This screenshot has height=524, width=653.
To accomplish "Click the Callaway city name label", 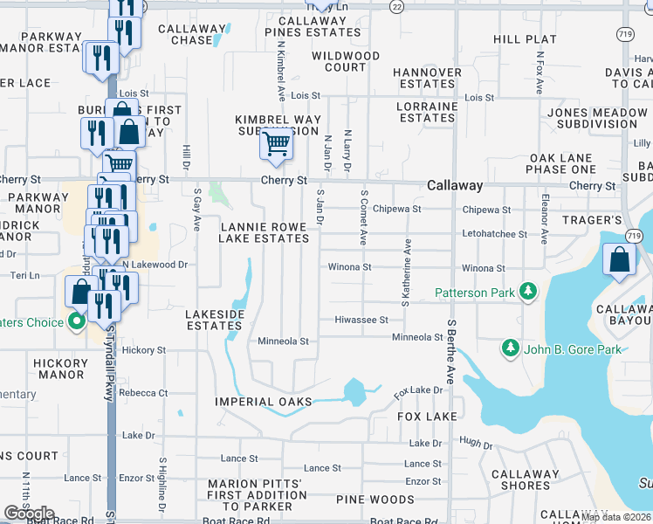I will click(455, 186).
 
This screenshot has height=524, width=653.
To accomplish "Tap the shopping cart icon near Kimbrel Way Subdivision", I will click(276, 142).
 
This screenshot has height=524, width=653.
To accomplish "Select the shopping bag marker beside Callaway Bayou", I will click(619, 260).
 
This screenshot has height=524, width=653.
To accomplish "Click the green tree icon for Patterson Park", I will click(527, 291).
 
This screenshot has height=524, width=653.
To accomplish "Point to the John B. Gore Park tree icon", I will click(511, 349).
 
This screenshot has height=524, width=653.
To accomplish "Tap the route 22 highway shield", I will click(397, 6).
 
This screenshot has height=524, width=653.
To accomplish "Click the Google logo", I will click(29, 513).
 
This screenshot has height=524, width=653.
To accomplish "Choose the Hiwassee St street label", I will click(361, 321).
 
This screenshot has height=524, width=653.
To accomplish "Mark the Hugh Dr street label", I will click(476, 445).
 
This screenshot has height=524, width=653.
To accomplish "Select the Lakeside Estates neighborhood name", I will click(214, 319).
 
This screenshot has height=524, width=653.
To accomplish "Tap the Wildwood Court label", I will click(346, 61).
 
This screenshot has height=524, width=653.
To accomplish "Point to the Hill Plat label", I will click(525, 39).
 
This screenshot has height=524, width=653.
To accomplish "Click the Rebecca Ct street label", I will click(145, 393).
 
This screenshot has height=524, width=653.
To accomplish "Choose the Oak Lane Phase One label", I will click(561, 162).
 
